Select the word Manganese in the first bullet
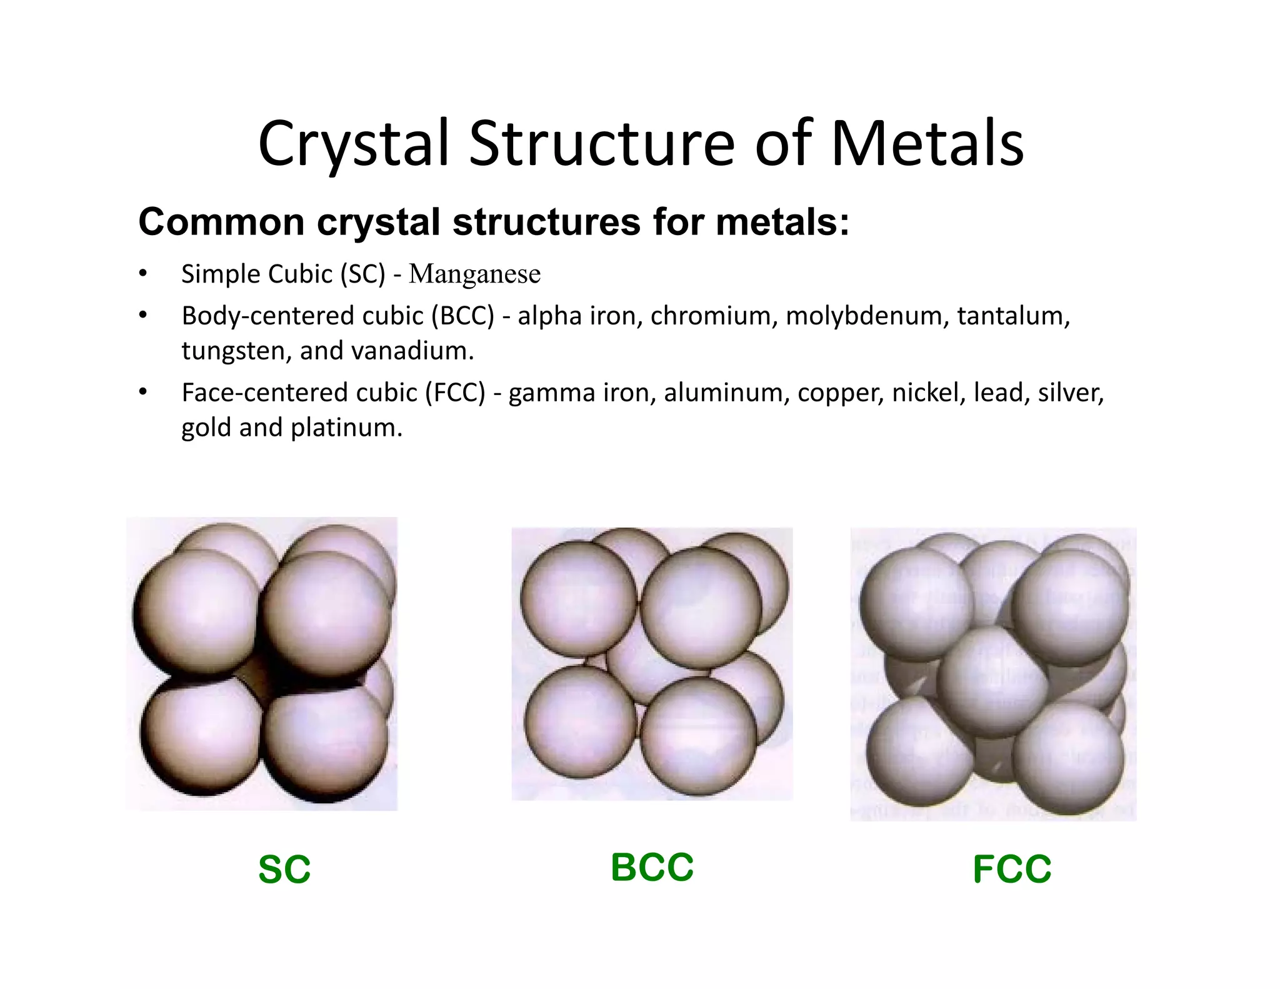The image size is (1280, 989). pyautogui.click(x=474, y=274)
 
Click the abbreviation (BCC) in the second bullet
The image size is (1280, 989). pyautogui.click(x=462, y=316)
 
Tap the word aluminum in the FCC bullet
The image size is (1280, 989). pyautogui.click(x=726, y=393)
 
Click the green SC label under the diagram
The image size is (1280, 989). pyautogui.click(x=284, y=869)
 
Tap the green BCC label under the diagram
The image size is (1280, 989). pyautogui.click(x=652, y=867)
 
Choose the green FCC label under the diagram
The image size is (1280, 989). pyautogui.click(x=1012, y=869)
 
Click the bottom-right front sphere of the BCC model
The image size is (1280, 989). pyautogui.click(x=699, y=736)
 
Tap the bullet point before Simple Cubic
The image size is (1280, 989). pyautogui.click(x=143, y=274)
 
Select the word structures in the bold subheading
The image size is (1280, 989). pyautogui.click(x=546, y=222)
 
